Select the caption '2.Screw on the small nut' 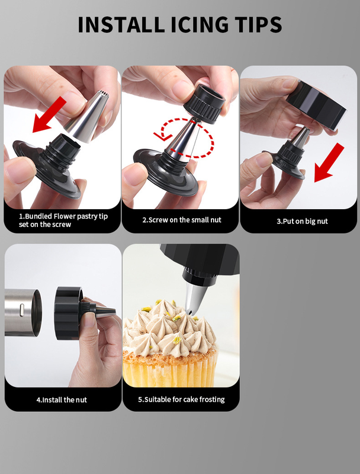coord(182,220)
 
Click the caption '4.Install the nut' coord(62,400)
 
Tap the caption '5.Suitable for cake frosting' coord(181,399)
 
